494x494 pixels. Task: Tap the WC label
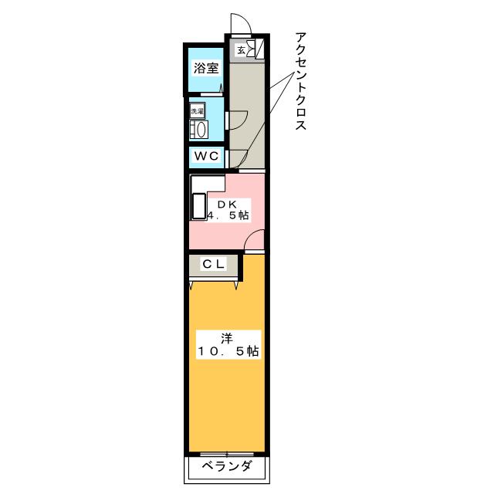coord(206,157)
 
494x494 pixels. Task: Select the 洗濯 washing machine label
coord(198,111)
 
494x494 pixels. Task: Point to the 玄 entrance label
coord(241,51)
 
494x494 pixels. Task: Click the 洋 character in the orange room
coord(226,337)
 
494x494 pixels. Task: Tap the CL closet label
coord(213,264)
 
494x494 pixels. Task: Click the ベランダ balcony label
coord(227,466)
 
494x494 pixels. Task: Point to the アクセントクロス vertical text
coord(301,81)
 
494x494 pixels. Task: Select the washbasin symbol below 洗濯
coord(198,130)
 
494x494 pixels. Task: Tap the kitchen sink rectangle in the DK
coord(198,208)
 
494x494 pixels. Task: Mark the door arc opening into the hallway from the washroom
coord(238,120)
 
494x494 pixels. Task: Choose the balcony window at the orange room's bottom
coord(226,452)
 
